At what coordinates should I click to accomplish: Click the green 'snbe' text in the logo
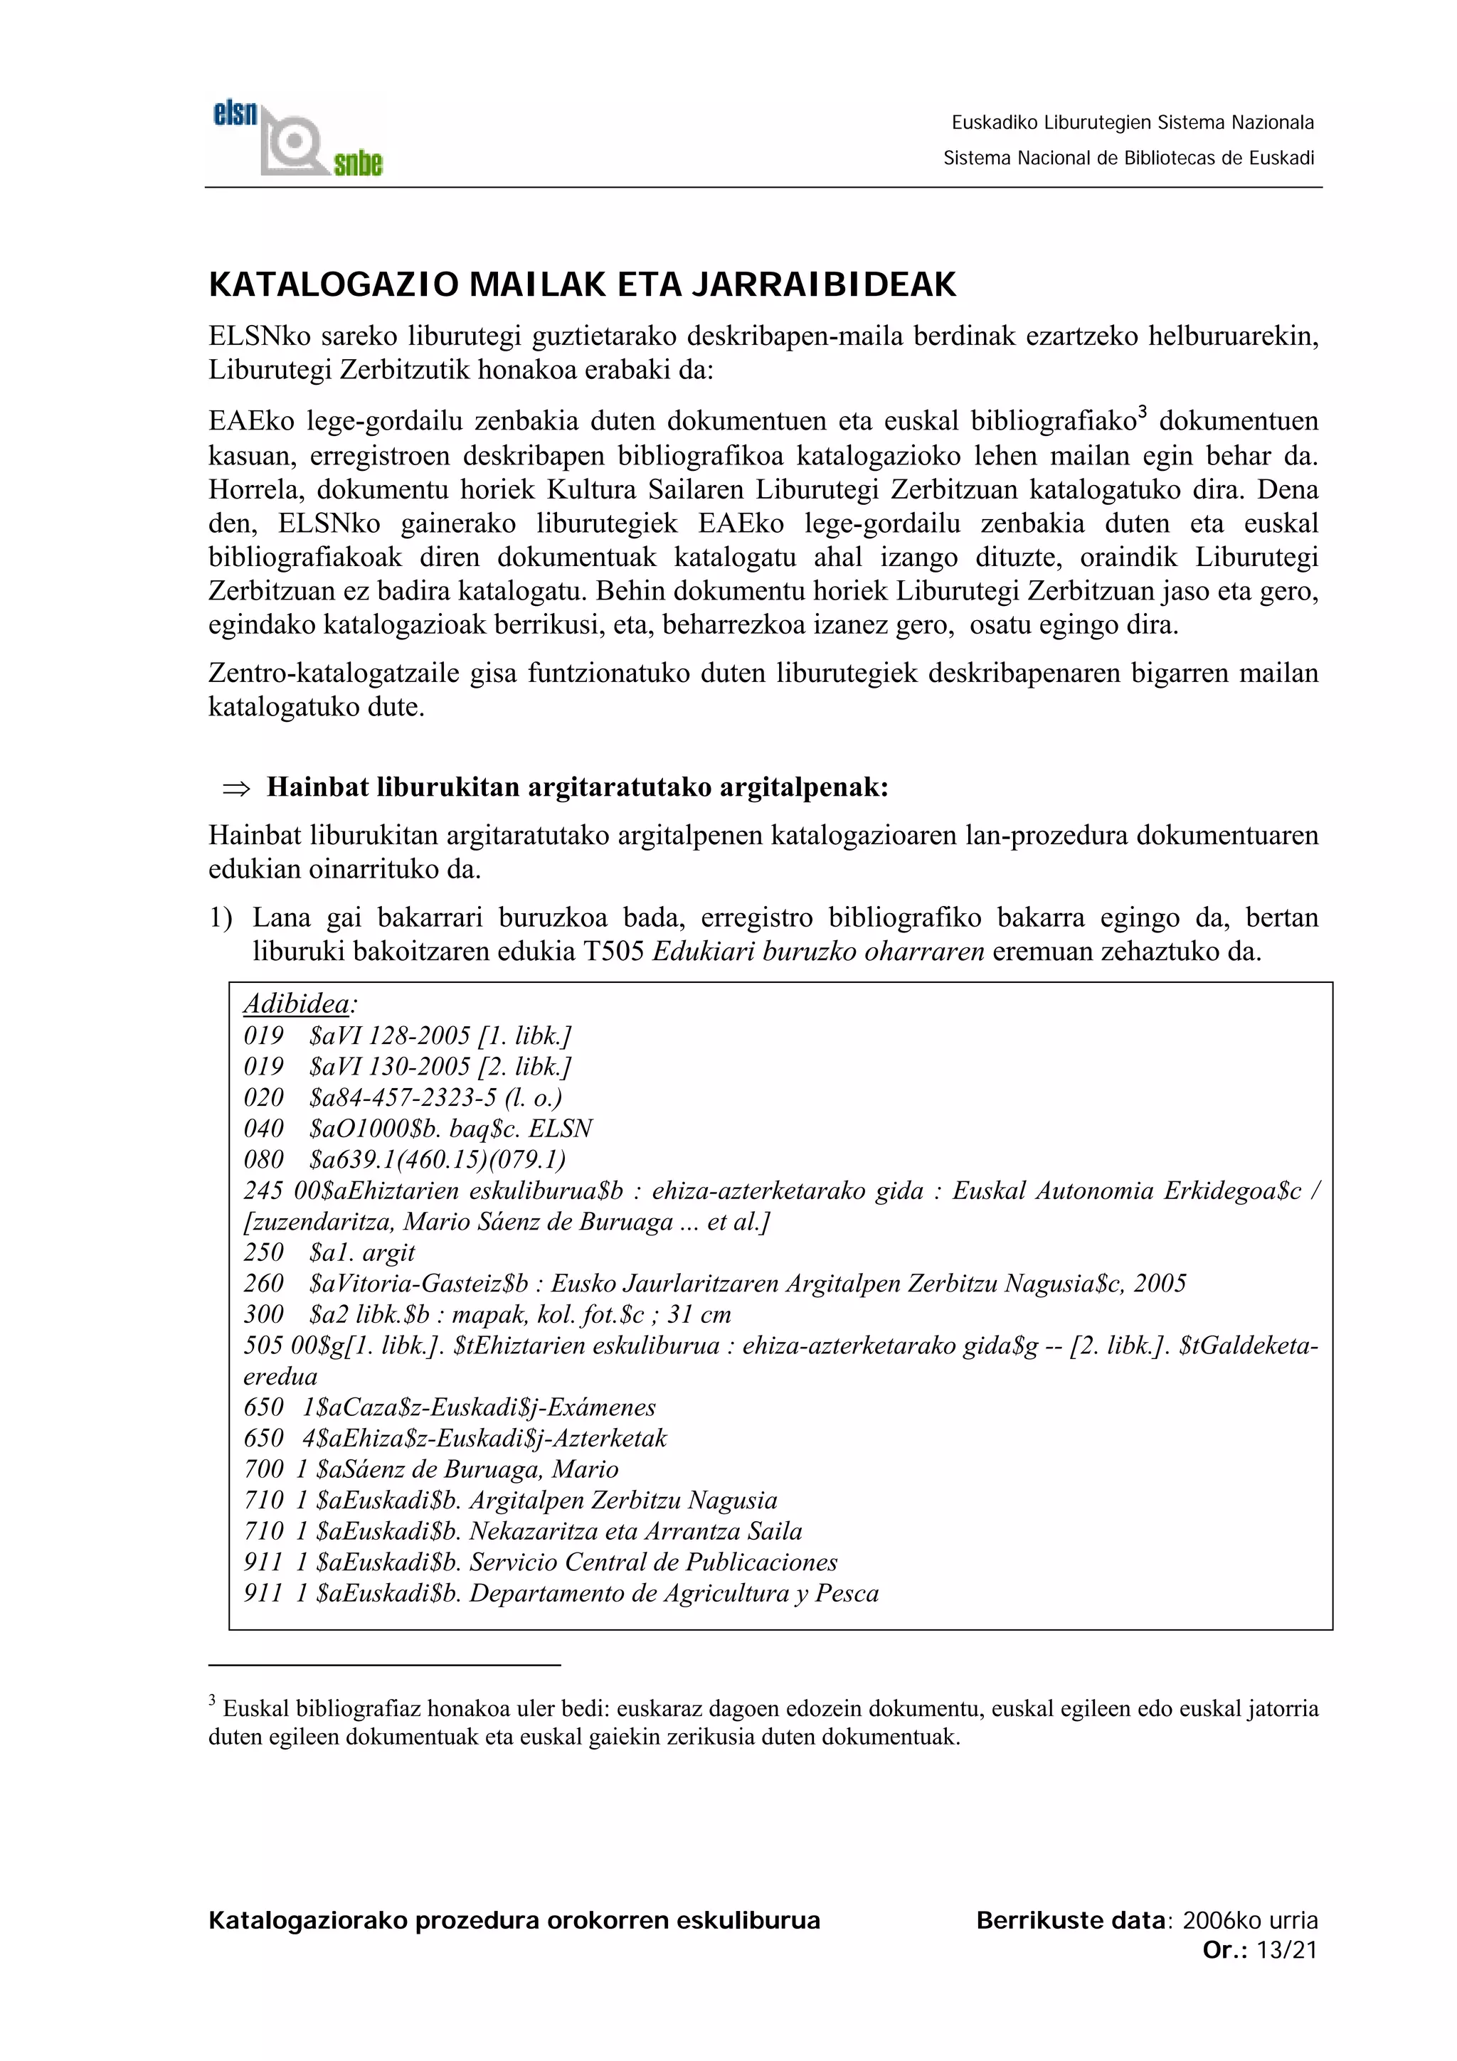(357, 164)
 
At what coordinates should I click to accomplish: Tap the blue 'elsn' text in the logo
(235, 113)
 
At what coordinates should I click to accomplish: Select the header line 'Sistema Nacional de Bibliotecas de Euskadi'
(1128, 159)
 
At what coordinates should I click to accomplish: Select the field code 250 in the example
(263, 1252)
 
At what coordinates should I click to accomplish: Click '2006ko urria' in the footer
(1250, 1921)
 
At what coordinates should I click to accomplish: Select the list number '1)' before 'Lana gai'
(221, 917)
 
